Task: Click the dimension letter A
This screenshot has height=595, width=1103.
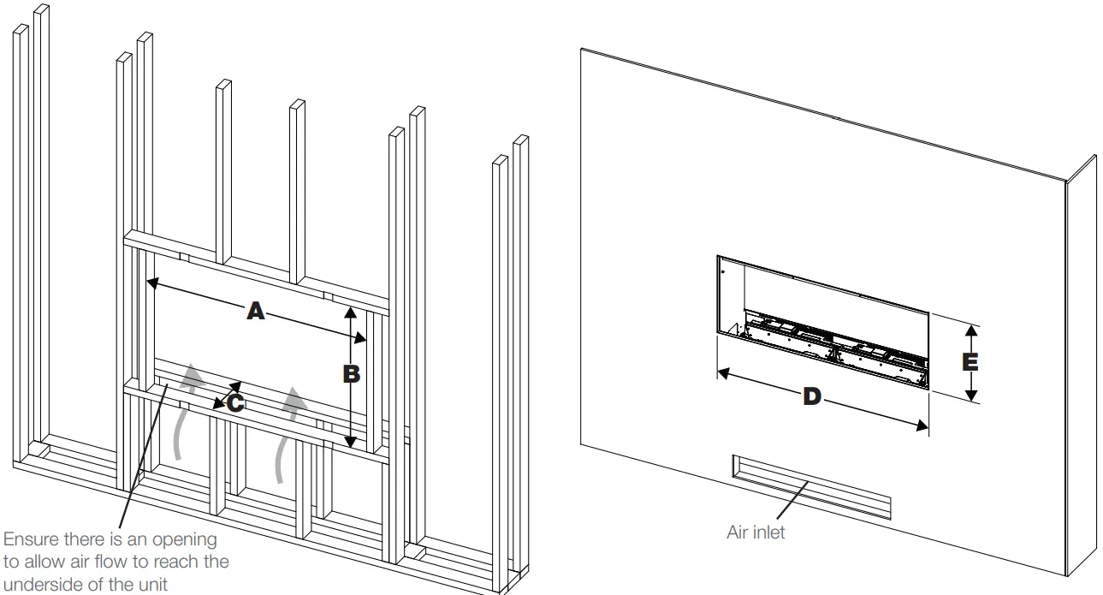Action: point(254,312)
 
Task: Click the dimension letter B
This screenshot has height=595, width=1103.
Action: point(350,374)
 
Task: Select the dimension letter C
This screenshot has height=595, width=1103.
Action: point(234,402)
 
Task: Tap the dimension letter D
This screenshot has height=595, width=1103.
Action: point(811,396)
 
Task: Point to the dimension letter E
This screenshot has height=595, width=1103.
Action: point(970,362)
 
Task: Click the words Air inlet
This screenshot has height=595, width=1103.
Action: point(755,533)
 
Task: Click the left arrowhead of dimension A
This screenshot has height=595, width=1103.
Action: point(152,283)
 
